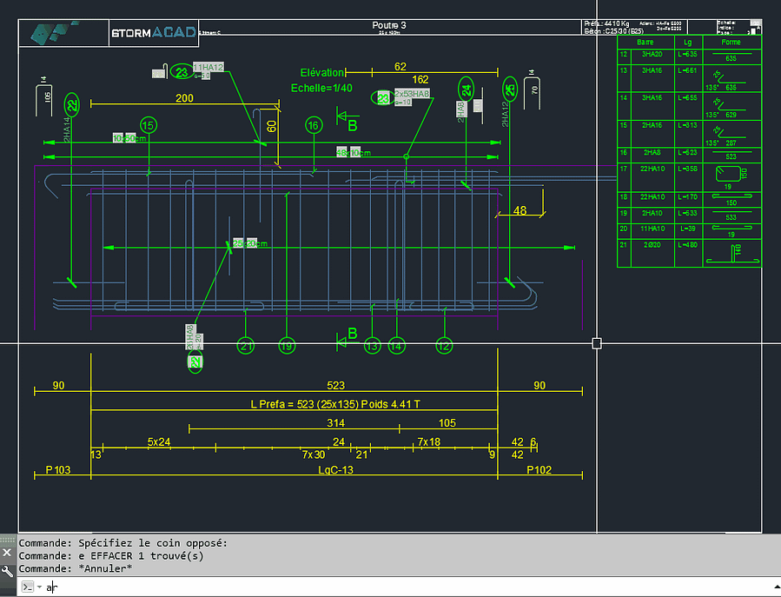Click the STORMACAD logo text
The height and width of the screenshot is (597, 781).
pyautogui.click(x=153, y=34)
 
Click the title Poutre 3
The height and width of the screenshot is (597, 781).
pyautogui.click(x=389, y=25)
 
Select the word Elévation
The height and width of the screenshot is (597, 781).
pyautogui.click(x=322, y=73)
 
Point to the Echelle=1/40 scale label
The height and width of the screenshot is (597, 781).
pyautogui.click(x=321, y=88)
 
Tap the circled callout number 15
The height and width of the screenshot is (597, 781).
pyautogui.click(x=149, y=126)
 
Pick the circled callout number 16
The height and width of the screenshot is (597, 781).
pyautogui.click(x=314, y=126)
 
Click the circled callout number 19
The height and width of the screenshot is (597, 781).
pyautogui.click(x=287, y=346)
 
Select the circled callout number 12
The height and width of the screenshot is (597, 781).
pyautogui.click(x=445, y=346)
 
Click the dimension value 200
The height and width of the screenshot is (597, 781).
pyautogui.click(x=184, y=98)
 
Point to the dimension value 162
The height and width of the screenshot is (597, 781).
pyautogui.click(x=420, y=80)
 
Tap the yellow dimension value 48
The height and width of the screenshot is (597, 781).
pyautogui.click(x=520, y=209)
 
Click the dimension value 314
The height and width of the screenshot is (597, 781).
pyautogui.click(x=335, y=423)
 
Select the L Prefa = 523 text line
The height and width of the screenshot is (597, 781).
pyautogui.click(x=334, y=404)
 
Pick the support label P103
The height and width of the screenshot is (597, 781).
pyautogui.click(x=57, y=470)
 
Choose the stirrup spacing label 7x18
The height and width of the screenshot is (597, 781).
pyautogui.click(x=428, y=442)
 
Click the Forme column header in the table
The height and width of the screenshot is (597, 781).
pyautogui.click(x=731, y=42)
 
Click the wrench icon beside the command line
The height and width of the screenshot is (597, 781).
pyautogui.click(x=7, y=571)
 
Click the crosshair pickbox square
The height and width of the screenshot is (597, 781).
pyautogui.click(x=597, y=343)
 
